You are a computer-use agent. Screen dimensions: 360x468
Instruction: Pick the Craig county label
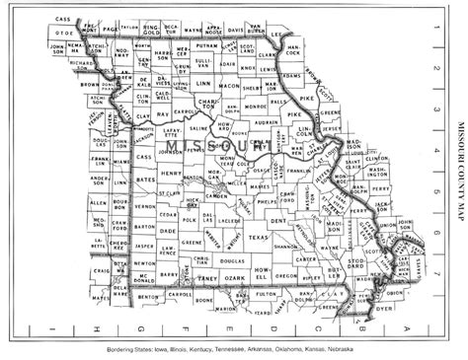point(100,269)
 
